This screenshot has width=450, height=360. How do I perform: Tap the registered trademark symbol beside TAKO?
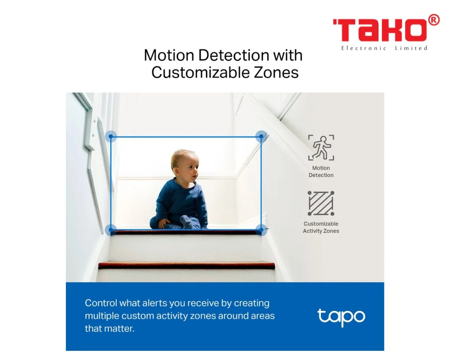pyautogui.click(x=434, y=20)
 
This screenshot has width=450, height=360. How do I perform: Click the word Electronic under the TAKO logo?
pyautogui.click(x=364, y=48)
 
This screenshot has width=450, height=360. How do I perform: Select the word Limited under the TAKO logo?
pyautogui.click(x=411, y=48)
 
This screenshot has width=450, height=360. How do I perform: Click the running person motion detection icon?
pyautogui.click(x=321, y=148)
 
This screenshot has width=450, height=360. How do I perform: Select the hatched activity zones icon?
pyautogui.click(x=321, y=203)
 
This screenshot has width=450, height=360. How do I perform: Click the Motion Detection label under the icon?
pyautogui.click(x=321, y=172)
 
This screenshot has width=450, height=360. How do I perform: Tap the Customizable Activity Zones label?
pyautogui.click(x=321, y=227)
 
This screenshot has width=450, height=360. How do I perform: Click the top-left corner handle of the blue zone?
pyautogui.click(x=111, y=136)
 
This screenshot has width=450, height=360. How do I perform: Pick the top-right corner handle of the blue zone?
pyautogui.click(x=261, y=136)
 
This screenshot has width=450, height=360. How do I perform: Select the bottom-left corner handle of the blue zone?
pyautogui.click(x=111, y=230)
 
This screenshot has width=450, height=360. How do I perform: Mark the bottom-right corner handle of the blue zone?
pyautogui.click(x=261, y=230)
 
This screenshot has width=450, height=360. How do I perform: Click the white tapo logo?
pyautogui.click(x=341, y=317)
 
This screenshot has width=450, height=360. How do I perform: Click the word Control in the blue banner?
pyautogui.click(x=101, y=303)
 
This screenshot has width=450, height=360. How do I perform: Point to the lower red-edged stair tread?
pyautogui.click(x=187, y=266)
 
